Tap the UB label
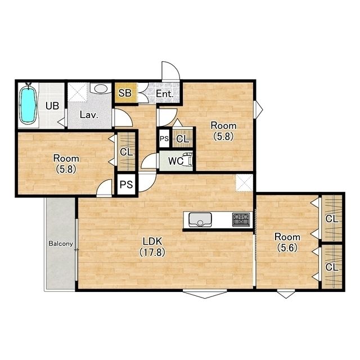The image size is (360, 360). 52,106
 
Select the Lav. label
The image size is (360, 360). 89,115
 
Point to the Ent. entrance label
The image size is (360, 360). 165,94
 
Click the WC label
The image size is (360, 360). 175,161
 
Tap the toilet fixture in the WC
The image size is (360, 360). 189,159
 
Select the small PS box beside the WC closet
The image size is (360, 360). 164,138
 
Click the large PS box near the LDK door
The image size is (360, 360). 126,184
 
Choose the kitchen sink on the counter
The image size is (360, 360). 200,220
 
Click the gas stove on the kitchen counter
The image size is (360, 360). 241,219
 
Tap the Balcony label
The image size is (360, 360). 61,244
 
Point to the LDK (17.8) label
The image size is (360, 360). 152,247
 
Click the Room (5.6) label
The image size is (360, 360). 287,242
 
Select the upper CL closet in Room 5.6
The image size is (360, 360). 332,218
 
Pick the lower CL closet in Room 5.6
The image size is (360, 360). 332,267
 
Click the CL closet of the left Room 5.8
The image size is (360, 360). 126,151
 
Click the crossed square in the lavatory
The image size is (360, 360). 78,92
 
